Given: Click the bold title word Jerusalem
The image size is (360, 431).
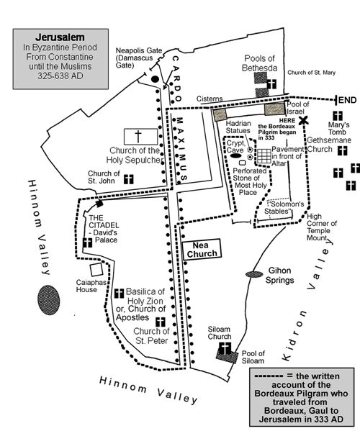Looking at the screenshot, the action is tap(60, 37).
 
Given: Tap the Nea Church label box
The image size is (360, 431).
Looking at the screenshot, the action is tap(202, 249).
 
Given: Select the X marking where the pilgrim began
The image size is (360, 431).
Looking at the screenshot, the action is tap(303, 120).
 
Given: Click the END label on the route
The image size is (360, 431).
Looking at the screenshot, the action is tap(347, 100).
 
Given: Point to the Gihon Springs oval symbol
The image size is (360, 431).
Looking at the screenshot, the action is tap(254, 274).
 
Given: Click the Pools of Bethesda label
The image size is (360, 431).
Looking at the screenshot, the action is tap(260, 63).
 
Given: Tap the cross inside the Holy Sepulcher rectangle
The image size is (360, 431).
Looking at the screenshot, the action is tap(138, 136).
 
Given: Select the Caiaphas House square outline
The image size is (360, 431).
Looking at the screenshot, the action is tap(96, 270).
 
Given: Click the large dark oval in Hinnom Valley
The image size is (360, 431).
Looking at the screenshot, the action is tap(49, 300).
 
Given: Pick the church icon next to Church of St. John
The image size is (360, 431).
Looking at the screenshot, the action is tap(128, 179).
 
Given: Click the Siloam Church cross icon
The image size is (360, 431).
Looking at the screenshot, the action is tap(225, 348).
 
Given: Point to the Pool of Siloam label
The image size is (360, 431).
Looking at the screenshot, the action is tap(253, 357).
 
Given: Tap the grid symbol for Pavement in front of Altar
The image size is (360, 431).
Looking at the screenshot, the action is tap(264, 156).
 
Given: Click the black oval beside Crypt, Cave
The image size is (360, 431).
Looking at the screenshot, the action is tap(235, 156).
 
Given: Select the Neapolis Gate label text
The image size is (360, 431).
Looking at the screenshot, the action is tap(138, 58).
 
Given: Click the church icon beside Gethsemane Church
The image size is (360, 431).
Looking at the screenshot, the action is tap(342, 150).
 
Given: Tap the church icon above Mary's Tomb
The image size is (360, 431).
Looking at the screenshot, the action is tap(338, 116).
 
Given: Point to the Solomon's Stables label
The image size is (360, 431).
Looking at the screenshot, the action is tap(284, 207).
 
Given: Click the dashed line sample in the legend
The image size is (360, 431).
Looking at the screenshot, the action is tap(269, 376).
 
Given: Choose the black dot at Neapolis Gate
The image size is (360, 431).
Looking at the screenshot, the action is tap(155, 79).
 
